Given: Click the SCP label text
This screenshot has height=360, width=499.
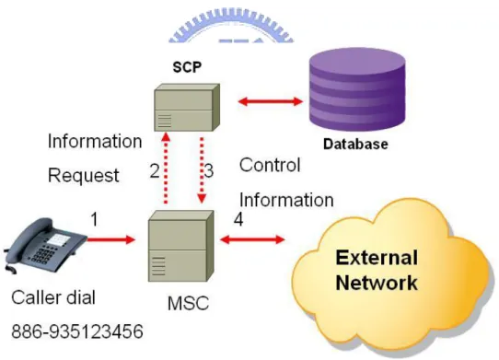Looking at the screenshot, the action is click(x=187, y=67).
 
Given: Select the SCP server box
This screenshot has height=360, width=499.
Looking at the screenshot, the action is click(x=187, y=108).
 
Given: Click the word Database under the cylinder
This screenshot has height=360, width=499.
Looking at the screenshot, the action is click(x=355, y=145).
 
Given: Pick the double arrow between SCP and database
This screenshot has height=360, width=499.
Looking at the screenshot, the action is click(x=271, y=101).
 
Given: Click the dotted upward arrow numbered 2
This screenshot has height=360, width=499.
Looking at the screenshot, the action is click(x=165, y=168).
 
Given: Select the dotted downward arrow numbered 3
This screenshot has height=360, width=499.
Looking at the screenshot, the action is click(x=202, y=170).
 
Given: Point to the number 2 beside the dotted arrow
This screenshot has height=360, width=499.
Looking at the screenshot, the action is click(x=155, y=171).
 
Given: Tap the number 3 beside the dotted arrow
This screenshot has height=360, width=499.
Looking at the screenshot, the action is click(x=209, y=171).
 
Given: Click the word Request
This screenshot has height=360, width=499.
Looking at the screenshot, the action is click(x=84, y=175).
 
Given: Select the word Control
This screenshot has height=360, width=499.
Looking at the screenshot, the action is click(x=270, y=165).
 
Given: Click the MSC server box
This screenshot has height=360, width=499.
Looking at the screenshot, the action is click(x=180, y=246).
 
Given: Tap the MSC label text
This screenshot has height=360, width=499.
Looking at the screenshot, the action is click(x=188, y=303).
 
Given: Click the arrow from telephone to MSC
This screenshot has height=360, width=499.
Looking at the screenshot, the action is click(x=110, y=239).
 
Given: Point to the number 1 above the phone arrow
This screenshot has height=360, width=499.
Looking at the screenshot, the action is click(x=94, y=219).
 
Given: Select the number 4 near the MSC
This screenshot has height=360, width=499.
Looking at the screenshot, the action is click(x=238, y=219).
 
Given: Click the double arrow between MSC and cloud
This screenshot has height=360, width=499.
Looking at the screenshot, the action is click(x=252, y=239).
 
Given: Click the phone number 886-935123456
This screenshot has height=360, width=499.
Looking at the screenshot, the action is click(x=77, y=331).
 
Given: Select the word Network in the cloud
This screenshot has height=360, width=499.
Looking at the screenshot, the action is click(x=377, y=283).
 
